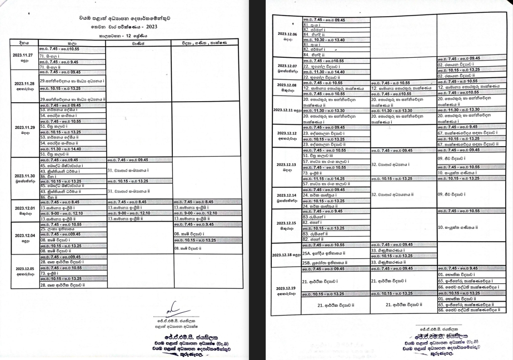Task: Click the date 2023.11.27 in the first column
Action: [22, 56]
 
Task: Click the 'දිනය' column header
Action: [23, 42]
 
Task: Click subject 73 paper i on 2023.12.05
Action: [49, 273]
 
